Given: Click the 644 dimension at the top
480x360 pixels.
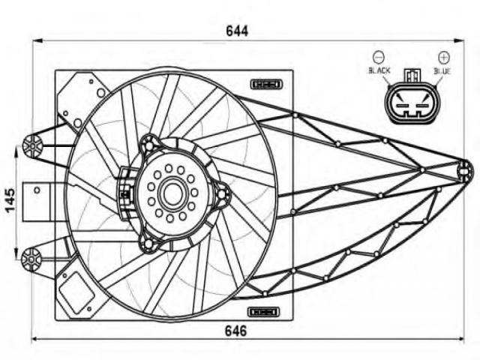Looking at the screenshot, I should click(x=236, y=31).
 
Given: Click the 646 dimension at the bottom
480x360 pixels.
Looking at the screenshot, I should click(x=237, y=331).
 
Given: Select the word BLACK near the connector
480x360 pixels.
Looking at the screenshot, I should click(x=379, y=70).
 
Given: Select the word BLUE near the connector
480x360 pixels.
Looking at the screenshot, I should click(x=442, y=70).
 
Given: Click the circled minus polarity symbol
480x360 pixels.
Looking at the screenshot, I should click(x=379, y=56).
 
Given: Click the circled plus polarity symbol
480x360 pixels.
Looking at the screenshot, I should click(x=443, y=56).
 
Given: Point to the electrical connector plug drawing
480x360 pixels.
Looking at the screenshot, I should click(x=410, y=100).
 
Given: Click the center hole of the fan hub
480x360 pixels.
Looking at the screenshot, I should click(x=172, y=193).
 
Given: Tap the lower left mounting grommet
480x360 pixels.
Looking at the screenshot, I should click(x=32, y=259).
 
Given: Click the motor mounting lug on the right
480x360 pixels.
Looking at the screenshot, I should click(x=222, y=195).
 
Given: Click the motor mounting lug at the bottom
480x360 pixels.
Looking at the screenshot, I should click(x=149, y=244).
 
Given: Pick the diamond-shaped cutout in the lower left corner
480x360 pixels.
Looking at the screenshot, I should click(x=75, y=292).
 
